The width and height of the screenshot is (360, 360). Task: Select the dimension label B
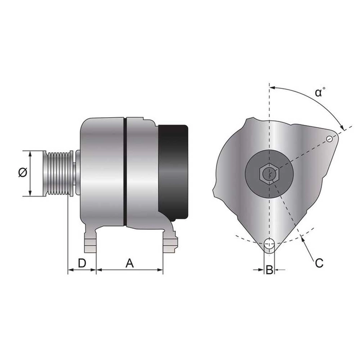point(268,269)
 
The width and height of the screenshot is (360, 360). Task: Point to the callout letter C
point(319,263)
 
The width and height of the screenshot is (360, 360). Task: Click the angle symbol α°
point(320,93)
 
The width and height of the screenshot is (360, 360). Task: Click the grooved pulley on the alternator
point(57,173)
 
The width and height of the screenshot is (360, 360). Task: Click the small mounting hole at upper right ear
point(329,138)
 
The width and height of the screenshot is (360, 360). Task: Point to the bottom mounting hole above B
point(268,245)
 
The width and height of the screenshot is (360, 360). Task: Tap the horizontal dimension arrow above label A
point(130,269)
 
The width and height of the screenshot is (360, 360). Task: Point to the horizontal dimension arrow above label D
point(82,269)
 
